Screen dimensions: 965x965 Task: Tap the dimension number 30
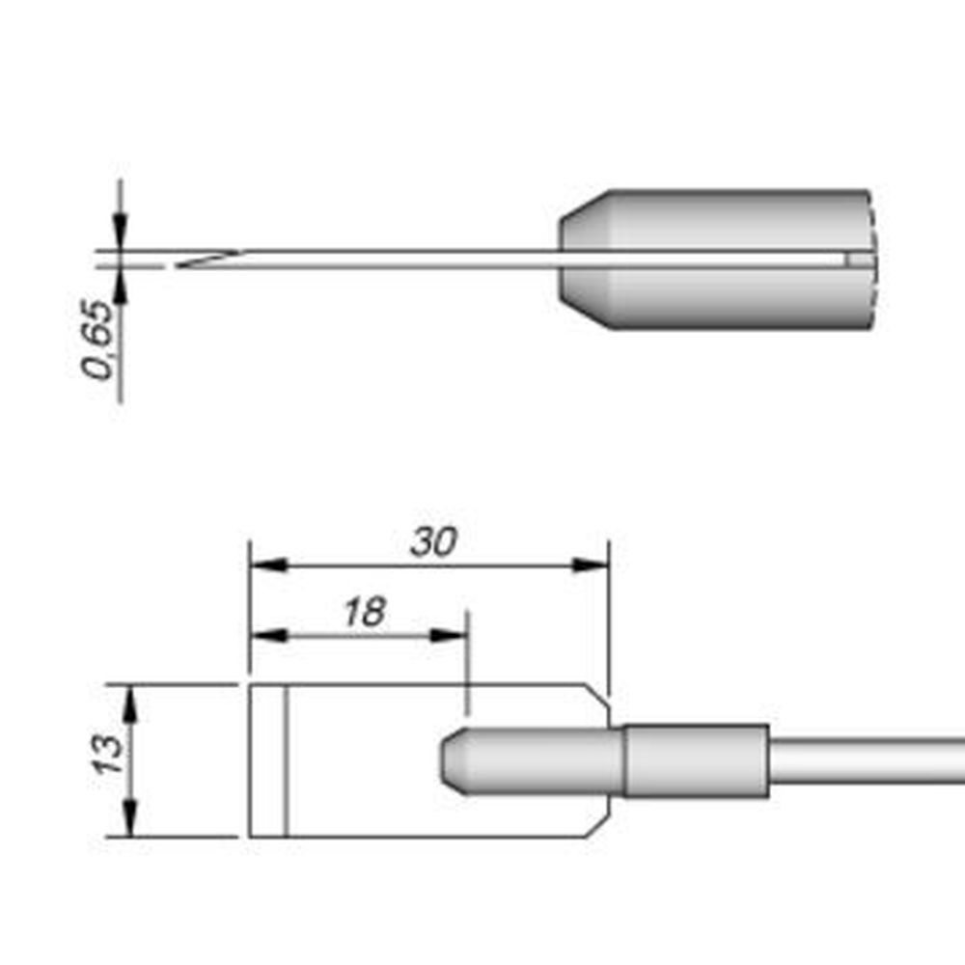[x=434, y=542]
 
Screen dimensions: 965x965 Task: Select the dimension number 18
[x=365, y=612]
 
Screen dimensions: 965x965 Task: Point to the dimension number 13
[x=108, y=755]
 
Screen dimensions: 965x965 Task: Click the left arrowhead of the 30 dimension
[x=269, y=565]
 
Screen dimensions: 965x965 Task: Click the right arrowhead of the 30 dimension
[x=591, y=565]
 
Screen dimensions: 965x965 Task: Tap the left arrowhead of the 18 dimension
[x=269, y=635]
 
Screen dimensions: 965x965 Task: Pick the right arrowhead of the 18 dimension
[x=448, y=635]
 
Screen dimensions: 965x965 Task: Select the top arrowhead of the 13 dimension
[x=130, y=703]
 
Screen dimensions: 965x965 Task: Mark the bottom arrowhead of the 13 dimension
[x=130, y=818]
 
